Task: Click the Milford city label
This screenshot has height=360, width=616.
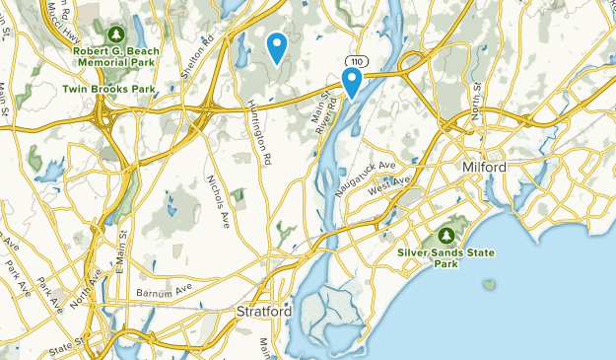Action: click(484, 169)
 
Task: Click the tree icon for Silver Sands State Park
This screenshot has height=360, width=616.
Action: click(446, 236)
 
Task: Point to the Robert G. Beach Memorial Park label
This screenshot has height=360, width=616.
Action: click(115, 53)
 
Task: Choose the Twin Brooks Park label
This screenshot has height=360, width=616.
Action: click(110, 88)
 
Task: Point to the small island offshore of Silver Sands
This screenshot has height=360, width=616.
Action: click(488, 285)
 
